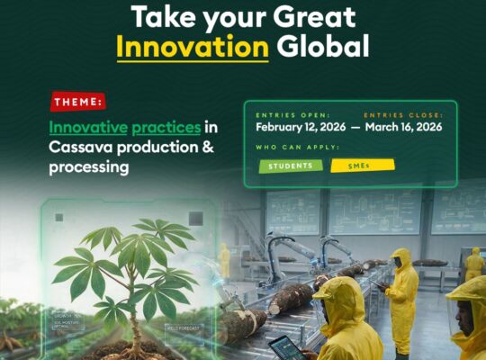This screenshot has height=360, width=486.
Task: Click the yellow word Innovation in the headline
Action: (x=193, y=46)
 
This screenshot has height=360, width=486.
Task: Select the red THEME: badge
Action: (x=78, y=102)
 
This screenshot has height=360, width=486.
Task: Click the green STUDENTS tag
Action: (x=290, y=166)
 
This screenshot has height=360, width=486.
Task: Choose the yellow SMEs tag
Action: (x=362, y=166)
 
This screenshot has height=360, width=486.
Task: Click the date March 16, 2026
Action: (x=403, y=129)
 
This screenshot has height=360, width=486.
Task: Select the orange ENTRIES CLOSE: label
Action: (x=403, y=116)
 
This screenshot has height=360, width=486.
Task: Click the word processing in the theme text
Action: (x=89, y=167)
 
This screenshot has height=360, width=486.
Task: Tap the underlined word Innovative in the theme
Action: (x=88, y=127)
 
